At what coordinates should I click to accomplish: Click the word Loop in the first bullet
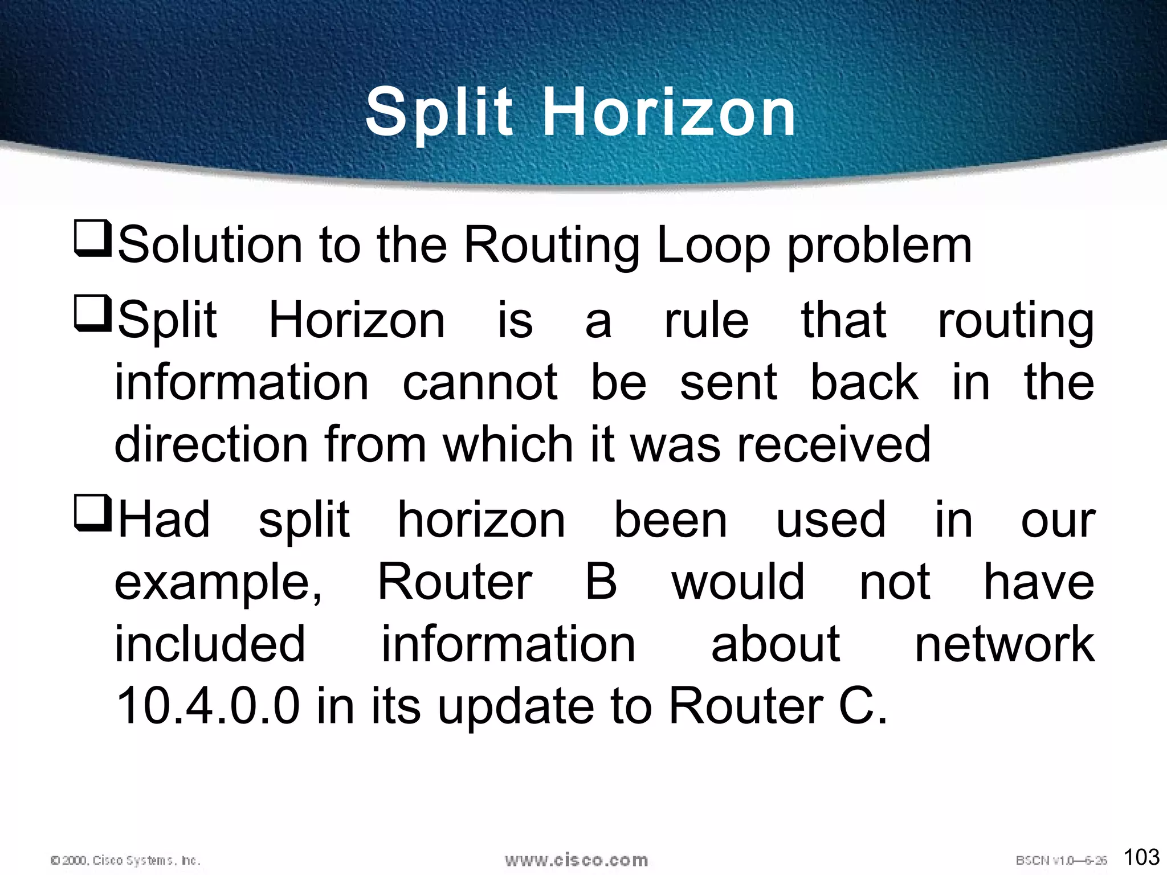pyautogui.click(x=713, y=246)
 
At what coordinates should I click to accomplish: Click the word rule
pyautogui.click(x=706, y=321)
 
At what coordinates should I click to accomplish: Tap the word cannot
pyautogui.click(x=480, y=382)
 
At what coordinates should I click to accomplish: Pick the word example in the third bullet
pyautogui.click(x=214, y=582)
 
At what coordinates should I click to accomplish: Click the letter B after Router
pyautogui.click(x=602, y=582)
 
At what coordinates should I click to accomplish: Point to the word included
pyautogui.click(x=210, y=644)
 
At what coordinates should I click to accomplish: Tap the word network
pyautogui.click(x=1005, y=644)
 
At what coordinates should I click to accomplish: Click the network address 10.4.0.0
pyautogui.click(x=207, y=706)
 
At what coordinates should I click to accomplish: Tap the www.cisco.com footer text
pyautogui.click(x=576, y=860)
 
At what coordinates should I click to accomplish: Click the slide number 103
pyautogui.click(x=1141, y=857)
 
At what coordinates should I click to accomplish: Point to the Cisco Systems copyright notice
pyautogui.click(x=125, y=860)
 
